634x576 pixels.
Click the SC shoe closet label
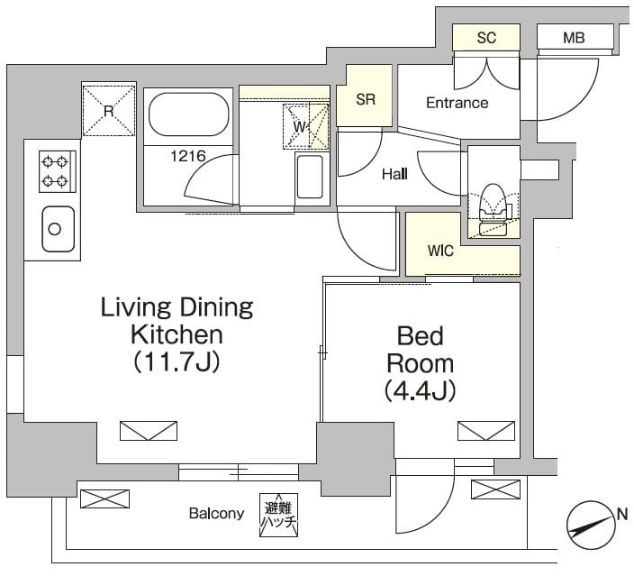(x=486, y=38)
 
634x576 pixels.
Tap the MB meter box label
(x=574, y=38)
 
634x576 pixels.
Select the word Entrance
(x=457, y=103)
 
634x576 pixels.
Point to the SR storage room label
(x=366, y=99)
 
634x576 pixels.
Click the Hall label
(x=394, y=175)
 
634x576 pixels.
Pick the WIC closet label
(x=440, y=251)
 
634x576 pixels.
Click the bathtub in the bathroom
(x=189, y=114)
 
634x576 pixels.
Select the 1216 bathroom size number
(x=188, y=156)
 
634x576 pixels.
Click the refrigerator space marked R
(x=108, y=111)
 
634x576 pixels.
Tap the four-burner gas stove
(x=58, y=171)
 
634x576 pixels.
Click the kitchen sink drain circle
(x=55, y=229)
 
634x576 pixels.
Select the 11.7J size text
(x=177, y=361)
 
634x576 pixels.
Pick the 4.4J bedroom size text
(x=421, y=390)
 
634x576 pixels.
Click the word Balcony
(x=217, y=514)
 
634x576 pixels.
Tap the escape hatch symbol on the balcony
(x=278, y=516)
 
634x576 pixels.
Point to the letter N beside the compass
(x=622, y=515)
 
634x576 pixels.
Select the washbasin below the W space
(x=310, y=177)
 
